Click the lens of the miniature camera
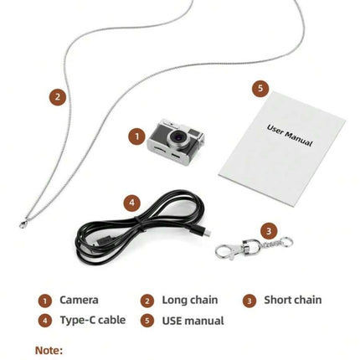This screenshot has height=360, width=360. tap(177, 137)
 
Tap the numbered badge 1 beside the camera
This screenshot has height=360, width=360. tap(136, 136)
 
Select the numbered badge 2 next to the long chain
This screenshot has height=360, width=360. tap(58, 97)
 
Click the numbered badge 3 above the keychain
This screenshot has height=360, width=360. tap(269, 231)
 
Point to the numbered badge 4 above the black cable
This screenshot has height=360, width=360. tap(131, 203)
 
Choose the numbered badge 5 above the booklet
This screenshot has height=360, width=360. tap(260, 89)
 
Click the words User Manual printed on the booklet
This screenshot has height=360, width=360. tap(290, 136)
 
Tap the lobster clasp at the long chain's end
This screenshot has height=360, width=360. tap(23, 224)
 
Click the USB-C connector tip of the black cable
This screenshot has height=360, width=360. tap(207, 234)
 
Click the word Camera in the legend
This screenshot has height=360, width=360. tap(79, 300)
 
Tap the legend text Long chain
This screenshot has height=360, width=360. tap(190, 300)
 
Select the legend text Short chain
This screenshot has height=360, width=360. tap(293, 300)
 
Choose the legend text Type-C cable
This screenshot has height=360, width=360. tap(93, 320)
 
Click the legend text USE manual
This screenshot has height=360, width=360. tap(193, 321)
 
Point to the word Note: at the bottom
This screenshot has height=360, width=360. tap(49, 350)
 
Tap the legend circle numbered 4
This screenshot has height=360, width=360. tap(45, 321)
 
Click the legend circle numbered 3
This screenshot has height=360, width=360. tap(249, 301)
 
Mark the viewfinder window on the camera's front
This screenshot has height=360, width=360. tap(193, 132)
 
